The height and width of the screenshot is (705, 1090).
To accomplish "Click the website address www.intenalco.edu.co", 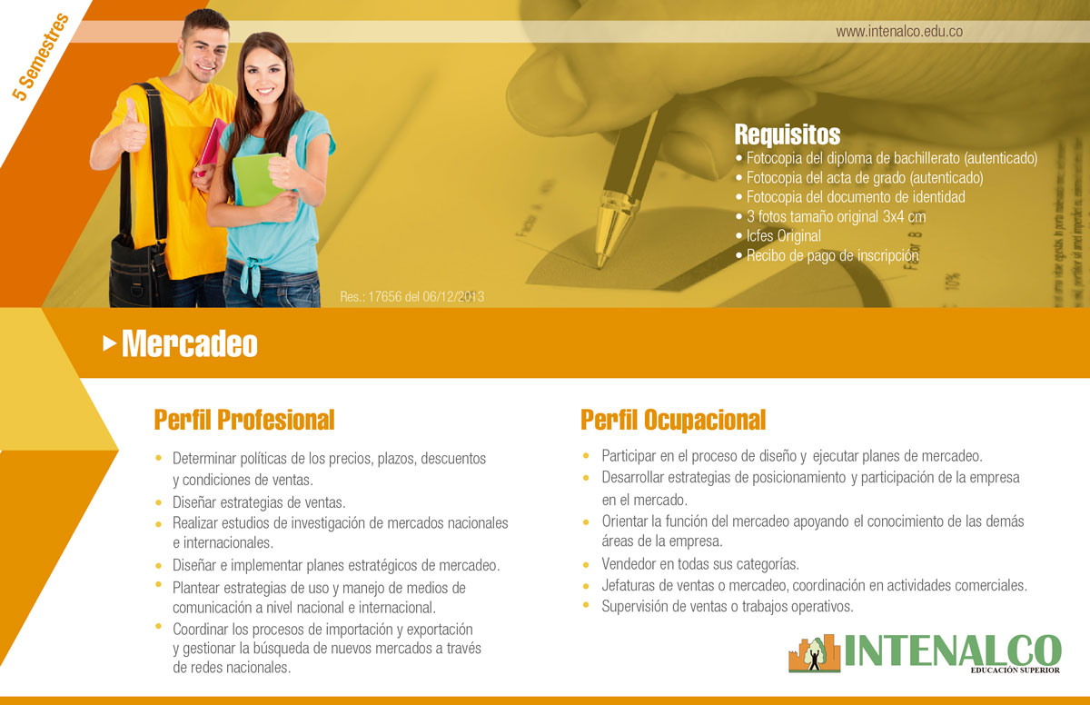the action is click(x=899, y=32).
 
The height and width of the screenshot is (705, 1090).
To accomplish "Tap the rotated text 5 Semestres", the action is click(x=41, y=57).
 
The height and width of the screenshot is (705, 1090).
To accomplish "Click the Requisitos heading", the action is click(x=788, y=134).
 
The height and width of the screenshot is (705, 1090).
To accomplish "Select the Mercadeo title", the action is click(x=189, y=343).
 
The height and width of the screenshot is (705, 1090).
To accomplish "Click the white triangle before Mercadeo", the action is click(x=110, y=343).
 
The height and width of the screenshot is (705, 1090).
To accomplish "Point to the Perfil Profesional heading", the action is click(x=244, y=420).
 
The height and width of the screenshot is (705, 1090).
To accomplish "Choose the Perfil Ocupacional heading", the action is click(x=673, y=420).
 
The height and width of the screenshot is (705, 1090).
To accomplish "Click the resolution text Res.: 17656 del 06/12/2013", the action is click(x=412, y=297).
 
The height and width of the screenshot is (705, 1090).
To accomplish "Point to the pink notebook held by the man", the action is click(x=211, y=146).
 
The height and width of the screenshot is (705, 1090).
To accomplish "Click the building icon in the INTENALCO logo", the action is click(x=815, y=653).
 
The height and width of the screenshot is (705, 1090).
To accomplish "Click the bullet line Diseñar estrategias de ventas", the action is click(x=259, y=502).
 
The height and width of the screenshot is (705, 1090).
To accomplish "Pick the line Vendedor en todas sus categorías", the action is click(x=700, y=564).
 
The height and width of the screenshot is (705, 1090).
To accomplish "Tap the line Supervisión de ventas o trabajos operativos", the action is click(x=728, y=607).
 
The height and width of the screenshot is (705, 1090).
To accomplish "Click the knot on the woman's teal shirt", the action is click(x=253, y=275).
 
